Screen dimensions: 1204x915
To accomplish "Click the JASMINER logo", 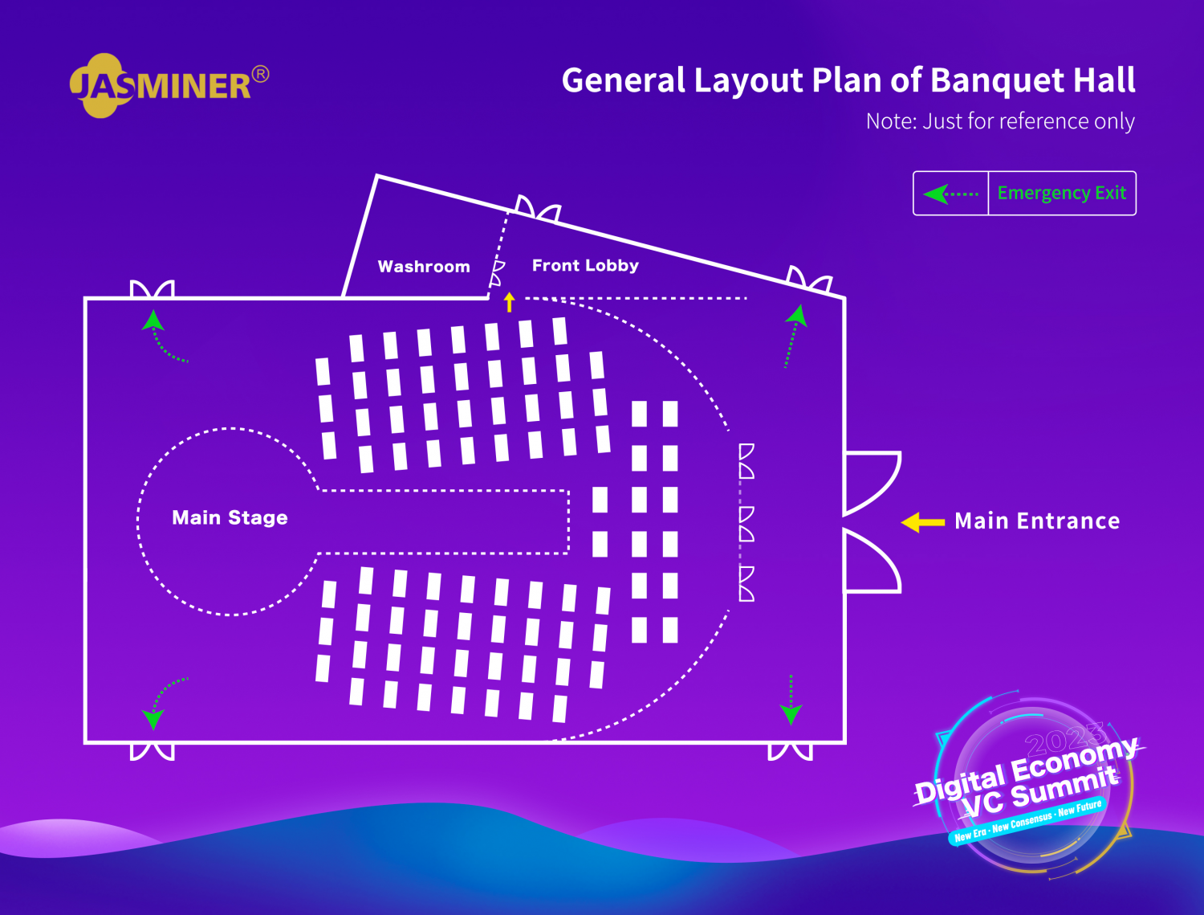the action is pos(169,85).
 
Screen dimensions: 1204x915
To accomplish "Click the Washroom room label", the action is pos(424,267).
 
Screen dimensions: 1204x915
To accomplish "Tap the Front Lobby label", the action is pos(585,266).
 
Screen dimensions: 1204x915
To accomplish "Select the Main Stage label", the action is pos(230,517).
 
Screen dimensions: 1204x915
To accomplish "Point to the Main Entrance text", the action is pos(1037,521).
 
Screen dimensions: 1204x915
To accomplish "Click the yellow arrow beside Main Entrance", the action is pos(922,522).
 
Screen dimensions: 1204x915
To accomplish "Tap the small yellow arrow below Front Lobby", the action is pos(510,302).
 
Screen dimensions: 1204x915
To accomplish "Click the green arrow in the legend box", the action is pos(950,194).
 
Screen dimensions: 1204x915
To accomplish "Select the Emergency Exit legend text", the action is pos(1061,194).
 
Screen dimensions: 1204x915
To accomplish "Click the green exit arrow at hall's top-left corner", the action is pos(163,336).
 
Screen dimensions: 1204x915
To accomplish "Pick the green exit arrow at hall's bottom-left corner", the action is pos(163,704).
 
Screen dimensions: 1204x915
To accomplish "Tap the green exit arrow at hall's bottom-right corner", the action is pos(791,701).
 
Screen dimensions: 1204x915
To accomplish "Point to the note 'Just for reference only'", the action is pos(1028,121).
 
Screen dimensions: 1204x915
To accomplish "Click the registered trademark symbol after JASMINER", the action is pos(261,74).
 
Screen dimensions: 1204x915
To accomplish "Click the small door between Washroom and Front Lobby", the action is pos(497,273).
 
